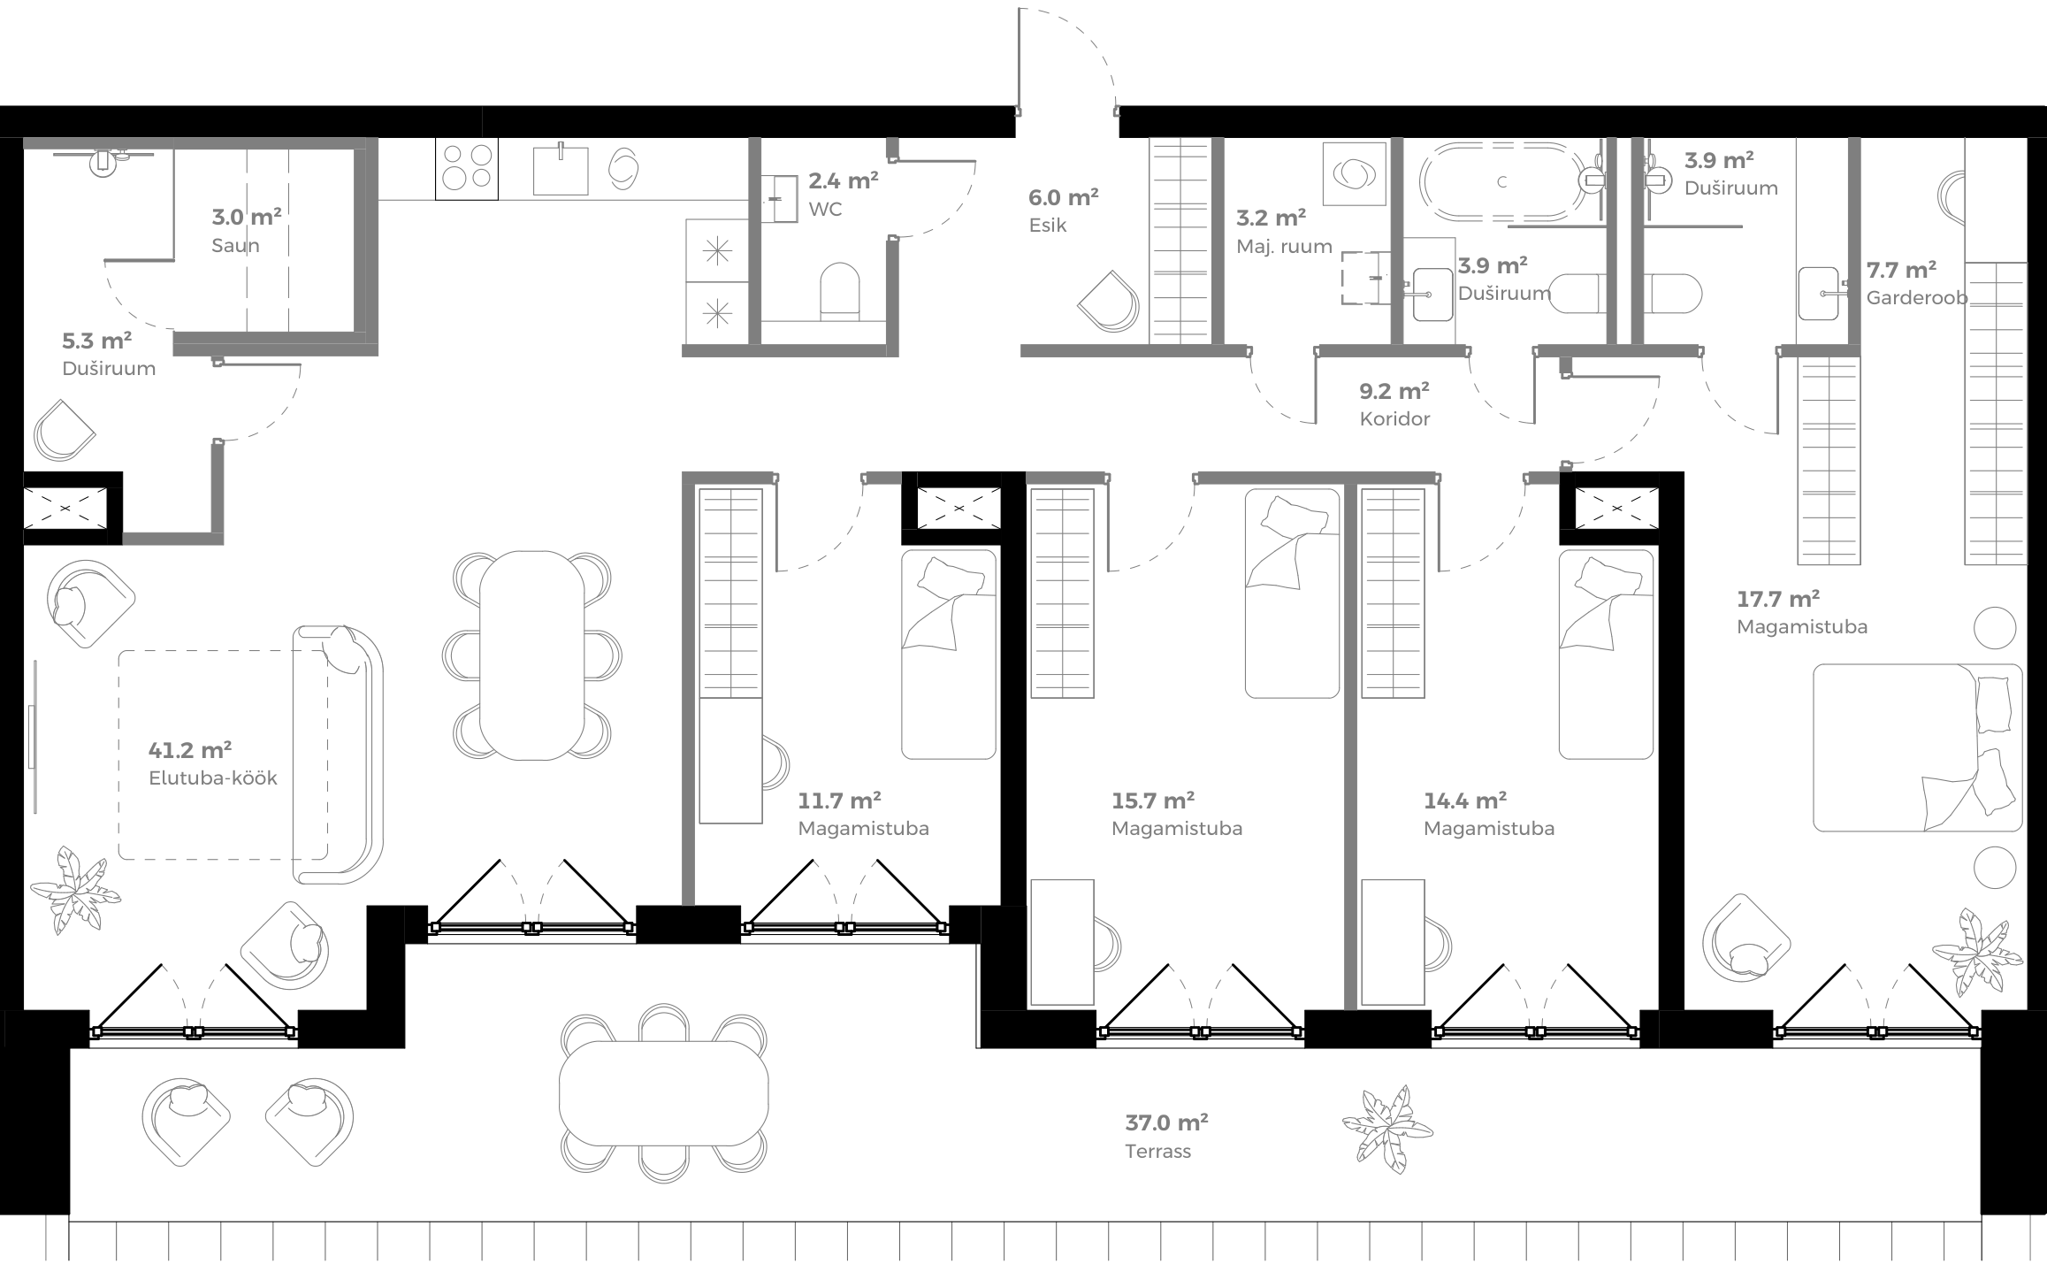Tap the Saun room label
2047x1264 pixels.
(x=235, y=245)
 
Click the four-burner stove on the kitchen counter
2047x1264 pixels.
(x=467, y=167)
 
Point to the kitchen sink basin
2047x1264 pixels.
(x=561, y=171)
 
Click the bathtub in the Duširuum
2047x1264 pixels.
(x=1501, y=182)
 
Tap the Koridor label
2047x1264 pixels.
(x=1394, y=418)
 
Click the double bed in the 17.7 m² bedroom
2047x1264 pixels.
(x=1917, y=747)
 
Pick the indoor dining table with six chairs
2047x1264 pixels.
(x=531, y=655)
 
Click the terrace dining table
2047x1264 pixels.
(x=663, y=1093)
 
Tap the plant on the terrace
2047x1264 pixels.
(x=1386, y=1127)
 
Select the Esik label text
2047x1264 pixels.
(x=1048, y=226)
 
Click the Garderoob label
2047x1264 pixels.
(x=1916, y=298)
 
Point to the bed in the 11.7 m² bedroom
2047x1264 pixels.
(x=948, y=654)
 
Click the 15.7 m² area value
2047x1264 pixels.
(x=1152, y=801)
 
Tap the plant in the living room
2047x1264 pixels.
(x=74, y=890)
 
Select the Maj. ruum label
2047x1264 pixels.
(x=1283, y=247)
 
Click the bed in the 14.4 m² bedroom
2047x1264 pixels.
(x=1606, y=654)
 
